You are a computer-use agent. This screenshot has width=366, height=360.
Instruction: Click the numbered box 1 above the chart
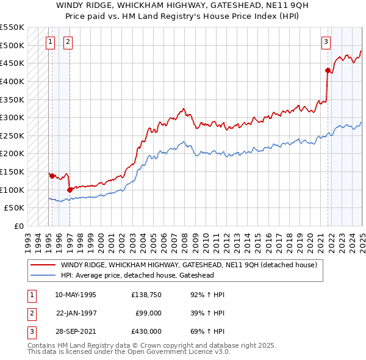point(49,42)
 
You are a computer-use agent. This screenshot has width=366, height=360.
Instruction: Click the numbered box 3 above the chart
point(326,42)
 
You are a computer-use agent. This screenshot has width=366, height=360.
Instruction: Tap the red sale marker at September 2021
point(328,71)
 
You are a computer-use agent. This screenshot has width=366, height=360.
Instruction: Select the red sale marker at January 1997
point(70,190)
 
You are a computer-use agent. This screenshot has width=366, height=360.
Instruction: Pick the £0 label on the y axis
point(19,226)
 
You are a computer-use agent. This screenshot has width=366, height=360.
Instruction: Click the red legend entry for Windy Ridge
point(188,265)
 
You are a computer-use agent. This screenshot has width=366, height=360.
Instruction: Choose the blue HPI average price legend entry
point(137,275)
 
